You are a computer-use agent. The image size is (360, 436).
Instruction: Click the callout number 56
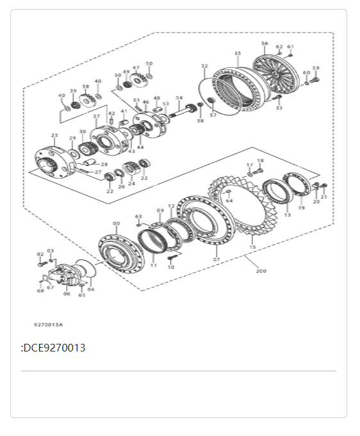click(265, 44)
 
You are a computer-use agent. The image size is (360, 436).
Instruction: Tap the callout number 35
click(238, 54)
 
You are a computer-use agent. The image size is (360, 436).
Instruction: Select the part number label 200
click(261, 271)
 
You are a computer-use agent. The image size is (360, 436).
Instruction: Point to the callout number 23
click(54, 136)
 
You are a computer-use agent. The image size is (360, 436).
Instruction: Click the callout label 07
click(217, 259)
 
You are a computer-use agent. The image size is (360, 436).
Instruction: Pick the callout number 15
click(252, 247)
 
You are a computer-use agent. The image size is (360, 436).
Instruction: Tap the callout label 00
click(116, 223)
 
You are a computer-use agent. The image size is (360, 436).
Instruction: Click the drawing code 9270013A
click(49, 325)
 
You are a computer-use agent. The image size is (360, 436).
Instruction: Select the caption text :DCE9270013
click(53, 348)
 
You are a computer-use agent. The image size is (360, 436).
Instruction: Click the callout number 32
click(204, 66)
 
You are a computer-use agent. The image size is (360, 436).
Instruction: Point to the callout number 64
click(229, 200)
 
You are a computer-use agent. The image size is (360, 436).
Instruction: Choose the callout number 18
click(260, 161)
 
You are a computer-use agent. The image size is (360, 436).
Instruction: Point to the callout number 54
click(179, 98)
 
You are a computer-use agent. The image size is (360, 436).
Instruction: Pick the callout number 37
click(97, 117)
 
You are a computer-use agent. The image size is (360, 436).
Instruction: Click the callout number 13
click(287, 215)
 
